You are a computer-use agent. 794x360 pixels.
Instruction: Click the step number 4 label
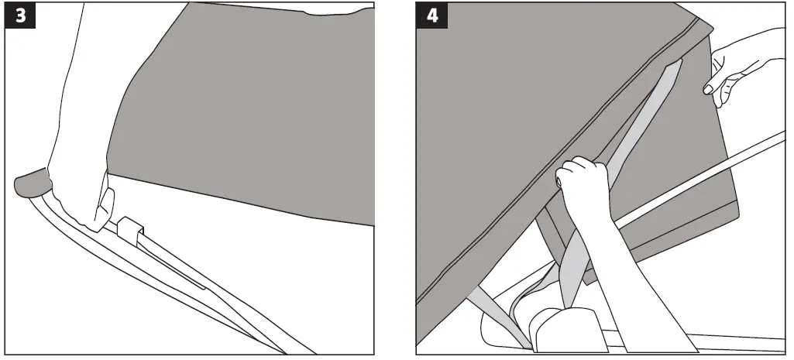click(431, 17)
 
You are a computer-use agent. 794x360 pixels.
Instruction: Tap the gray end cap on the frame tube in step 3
click(31, 184)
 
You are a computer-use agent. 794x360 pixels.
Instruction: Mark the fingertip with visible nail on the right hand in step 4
click(707, 91)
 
